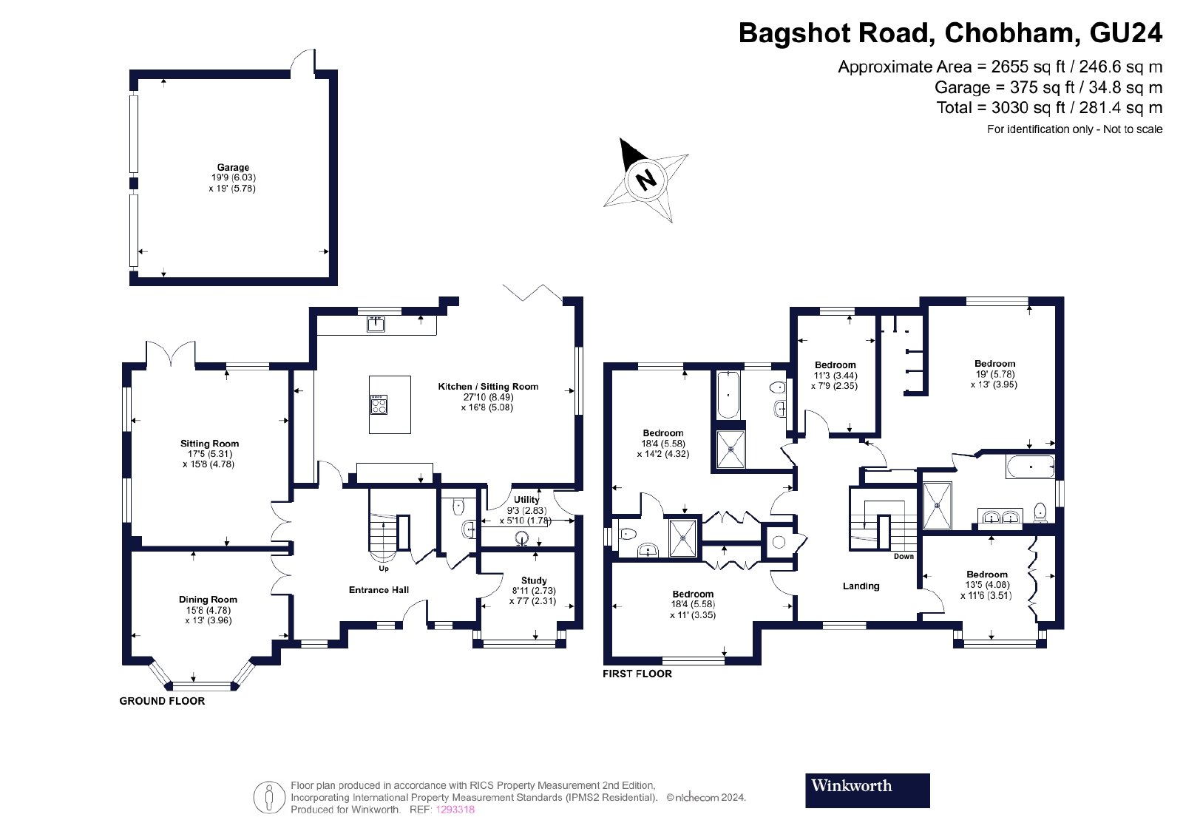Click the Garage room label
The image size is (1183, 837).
pyautogui.click(x=233, y=167)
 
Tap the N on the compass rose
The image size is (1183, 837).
pyautogui.click(x=646, y=179)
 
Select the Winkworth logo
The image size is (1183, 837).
pyautogui.click(x=867, y=790)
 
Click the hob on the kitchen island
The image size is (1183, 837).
pyautogui.click(x=379, y=404)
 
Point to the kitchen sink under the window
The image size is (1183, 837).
pyautogui.click(x=376, y=324)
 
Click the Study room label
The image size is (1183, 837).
pyautogui.click(x=533, y=580)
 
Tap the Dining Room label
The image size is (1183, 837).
pyautogui.click(x=208, y=600)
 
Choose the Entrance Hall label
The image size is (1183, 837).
pyautogui.click(x=379, y=590)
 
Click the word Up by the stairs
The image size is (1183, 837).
pyautogui.click(x=384, y=569)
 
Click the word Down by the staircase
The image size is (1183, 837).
pyautogui.click(x=904, y=556)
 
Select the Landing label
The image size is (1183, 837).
pyautogui.click(x=861, y=586)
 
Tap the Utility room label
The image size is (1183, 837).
pyautogui.click(x=526, y=500)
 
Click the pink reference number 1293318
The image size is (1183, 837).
pyautogui.click(x=455, y=810)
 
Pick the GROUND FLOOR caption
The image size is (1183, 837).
pyautogui.click(x=162, y=701)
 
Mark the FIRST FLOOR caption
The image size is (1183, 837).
pyautogui.click(x=637, y=674)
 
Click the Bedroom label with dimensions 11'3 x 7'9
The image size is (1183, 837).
pyautogui.click(x=835, y=365)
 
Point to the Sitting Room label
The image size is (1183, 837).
pyautogui.click(x=210, y=444)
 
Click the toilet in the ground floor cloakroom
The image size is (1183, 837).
pyautogui.click(x=458, y=507)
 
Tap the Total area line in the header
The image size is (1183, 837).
pyautogui.click(x=1049, y=108)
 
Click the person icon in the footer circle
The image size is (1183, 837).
pyautogui.click(x=269, y=797)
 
